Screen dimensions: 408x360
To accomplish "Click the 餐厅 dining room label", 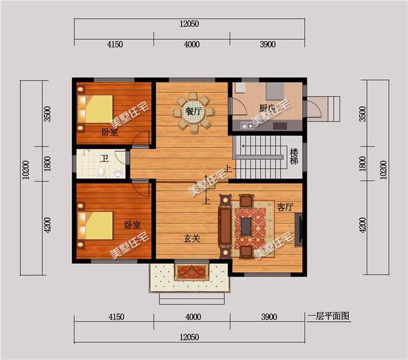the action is (x=194, y=112).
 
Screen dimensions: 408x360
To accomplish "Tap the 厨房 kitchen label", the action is (x=267, y=108).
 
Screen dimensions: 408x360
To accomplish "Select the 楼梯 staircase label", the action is (x=294, y=156).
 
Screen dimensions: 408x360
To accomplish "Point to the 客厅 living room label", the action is (x=285, y=207).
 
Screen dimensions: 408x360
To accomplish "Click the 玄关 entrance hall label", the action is (x=192, y=238).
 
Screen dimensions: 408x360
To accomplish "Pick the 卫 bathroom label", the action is (x=105, y=158).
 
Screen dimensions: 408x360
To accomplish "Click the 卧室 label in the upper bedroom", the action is (x=110, y=132).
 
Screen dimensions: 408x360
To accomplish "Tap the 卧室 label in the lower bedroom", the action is (x=133, y=225).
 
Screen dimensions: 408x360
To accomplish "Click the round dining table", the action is (x=194, y=113).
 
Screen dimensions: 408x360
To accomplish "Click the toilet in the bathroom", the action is (x=101, y=173).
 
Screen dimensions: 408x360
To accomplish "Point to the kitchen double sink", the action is (x=247, y=126).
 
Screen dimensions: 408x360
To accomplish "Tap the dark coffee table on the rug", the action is (x=246, y=226).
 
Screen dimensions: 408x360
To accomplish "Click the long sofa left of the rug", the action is (x=225, y=226).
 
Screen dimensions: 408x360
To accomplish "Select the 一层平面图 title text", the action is (x=328, y=316).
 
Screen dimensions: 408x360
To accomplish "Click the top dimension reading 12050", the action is (x=189, y=24).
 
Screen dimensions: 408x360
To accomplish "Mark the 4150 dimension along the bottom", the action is (x=116, y=317).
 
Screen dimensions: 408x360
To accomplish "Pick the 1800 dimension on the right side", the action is (x=362, y=164).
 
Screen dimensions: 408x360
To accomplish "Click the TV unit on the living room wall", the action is (x=298, y=229).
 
